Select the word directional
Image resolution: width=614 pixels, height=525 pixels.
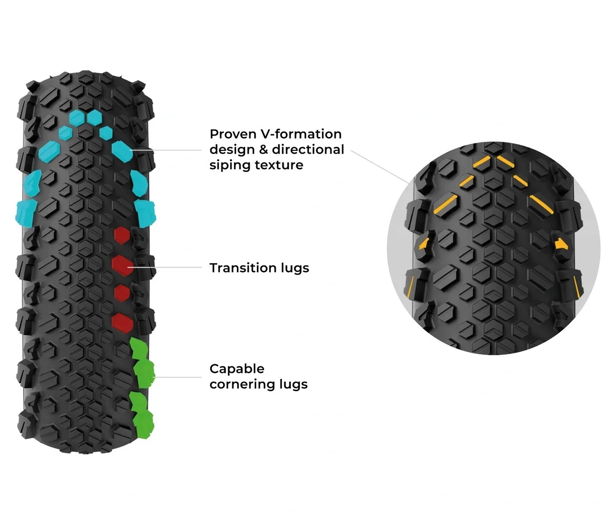308,149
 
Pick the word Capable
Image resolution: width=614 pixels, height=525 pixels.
237,369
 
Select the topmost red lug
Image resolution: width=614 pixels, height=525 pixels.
122,235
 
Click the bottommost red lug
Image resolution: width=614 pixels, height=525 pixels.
123,323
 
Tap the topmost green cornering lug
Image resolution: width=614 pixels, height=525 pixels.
138,348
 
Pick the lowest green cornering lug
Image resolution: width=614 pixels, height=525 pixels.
144,425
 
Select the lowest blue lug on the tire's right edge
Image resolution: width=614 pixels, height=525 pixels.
145,213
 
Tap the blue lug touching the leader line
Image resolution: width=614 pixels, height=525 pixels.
123,151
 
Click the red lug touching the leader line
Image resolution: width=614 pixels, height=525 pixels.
123,265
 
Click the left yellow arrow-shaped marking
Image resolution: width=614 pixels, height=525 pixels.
424,244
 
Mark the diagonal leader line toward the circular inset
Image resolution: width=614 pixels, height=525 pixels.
380,167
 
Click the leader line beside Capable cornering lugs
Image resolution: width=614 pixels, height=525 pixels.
178,377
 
